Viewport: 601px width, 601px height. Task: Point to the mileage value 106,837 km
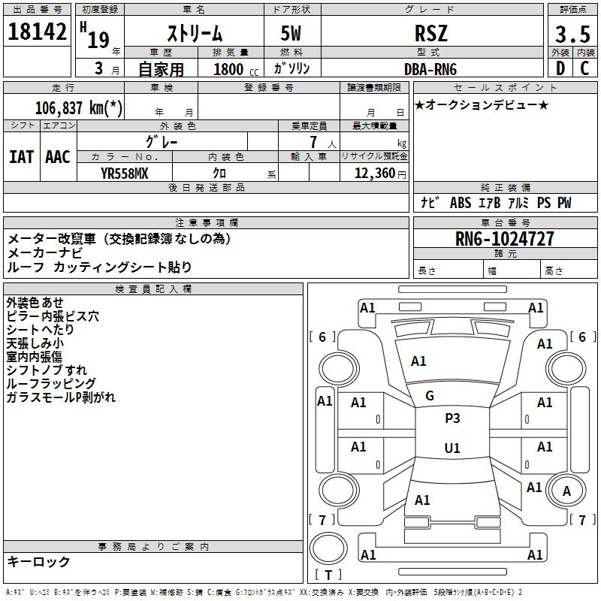tap(78, 107)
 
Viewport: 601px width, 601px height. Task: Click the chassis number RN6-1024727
tap(505, 239)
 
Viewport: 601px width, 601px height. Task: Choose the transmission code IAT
tap(21, 157)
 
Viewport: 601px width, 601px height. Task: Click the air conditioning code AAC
tap(57, 157)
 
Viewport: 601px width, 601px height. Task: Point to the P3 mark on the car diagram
tap(452, 418)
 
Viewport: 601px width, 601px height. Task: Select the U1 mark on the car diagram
tap(452, 448)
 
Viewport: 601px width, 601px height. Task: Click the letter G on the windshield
tap(430, 396)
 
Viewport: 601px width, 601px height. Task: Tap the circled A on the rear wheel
tap(566, 491)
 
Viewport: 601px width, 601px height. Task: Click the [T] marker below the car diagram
tap(328, 575)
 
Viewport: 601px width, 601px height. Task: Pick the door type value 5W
tap(292, 33)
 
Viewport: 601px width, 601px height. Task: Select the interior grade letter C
tap(584, 68)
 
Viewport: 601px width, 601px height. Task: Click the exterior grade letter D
tap(560, 68)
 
